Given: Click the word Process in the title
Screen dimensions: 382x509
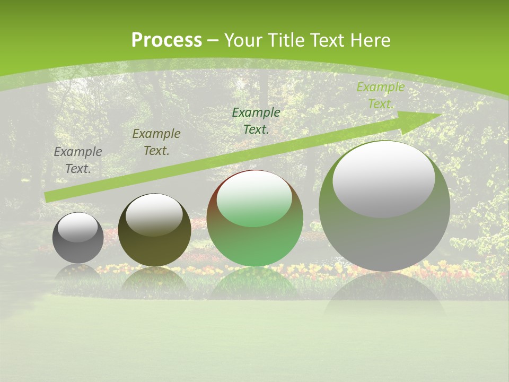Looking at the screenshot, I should pos(166,40).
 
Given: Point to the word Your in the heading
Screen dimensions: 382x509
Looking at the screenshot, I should pos(245,40).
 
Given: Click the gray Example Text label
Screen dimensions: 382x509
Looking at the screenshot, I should pos(78,160).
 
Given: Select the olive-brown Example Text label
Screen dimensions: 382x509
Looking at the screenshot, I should pos(156,142).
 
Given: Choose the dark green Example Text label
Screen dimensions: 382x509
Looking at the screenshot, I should pos(256,120).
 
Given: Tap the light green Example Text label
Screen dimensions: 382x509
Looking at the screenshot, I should pos(380,95).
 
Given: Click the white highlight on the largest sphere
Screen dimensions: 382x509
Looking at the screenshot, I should pos(384,178).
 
